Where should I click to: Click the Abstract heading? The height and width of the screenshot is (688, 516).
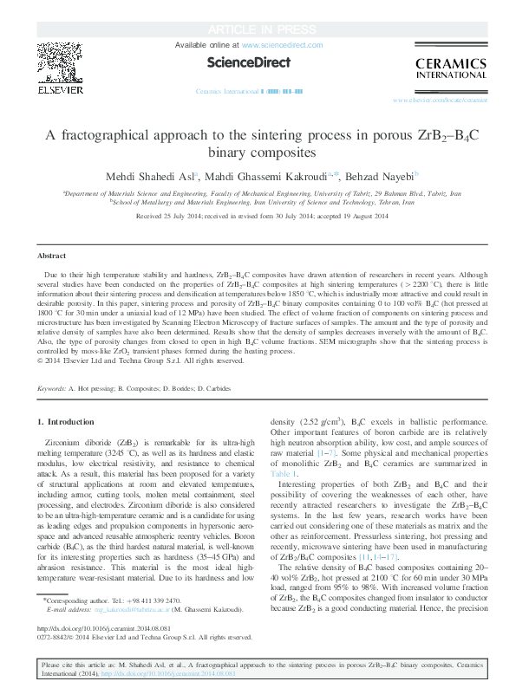(x=53, y=256)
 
